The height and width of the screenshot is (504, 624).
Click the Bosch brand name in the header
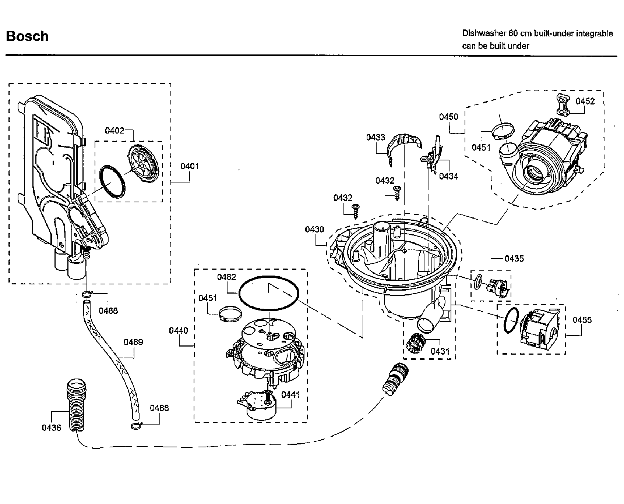click(27, 36)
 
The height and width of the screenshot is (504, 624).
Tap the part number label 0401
click(189, 166)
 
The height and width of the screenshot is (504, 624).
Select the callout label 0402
click(114, 131)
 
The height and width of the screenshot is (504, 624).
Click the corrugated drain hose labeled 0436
click(76, 405)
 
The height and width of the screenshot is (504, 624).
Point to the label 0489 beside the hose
click(133, 342)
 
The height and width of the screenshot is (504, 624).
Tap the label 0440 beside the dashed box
click(179, 330)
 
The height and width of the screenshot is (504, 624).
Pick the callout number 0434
click(448, 176)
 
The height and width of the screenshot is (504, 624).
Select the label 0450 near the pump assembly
click(448, 117)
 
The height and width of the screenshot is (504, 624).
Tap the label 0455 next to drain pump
click(582, 320)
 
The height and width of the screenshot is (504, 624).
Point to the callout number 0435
click(514, 259)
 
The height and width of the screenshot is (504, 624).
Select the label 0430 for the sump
click(314, 230)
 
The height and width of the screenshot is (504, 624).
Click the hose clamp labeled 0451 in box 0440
click(230, 314)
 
